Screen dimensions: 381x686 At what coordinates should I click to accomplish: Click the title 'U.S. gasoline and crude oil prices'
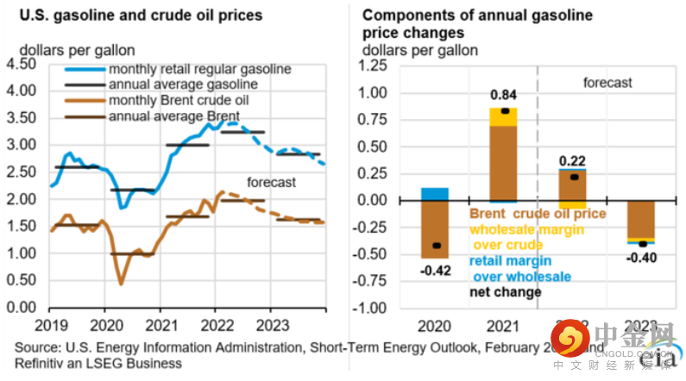pyautogui.click(x=135, y=16)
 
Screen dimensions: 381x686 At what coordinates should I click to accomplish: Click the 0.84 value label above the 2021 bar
pyautogui.click(x=504, y=94)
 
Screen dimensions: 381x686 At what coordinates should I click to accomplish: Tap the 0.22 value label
pyautogui.click(x=570, y=159)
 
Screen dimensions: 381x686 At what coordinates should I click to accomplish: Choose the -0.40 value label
pyautogui.click(x=639, y=257)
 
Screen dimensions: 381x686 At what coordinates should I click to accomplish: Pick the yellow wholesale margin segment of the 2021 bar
pyautogui.click(x=504, y=116)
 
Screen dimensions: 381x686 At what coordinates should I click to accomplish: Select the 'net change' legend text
pyautogui.click(x=506, y=292)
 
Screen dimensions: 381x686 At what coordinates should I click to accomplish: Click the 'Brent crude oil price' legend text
pyautogui.click(x=538, y=215)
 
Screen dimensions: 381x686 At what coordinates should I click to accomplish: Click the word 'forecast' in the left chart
pyautogui.click(x=271, y=182)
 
